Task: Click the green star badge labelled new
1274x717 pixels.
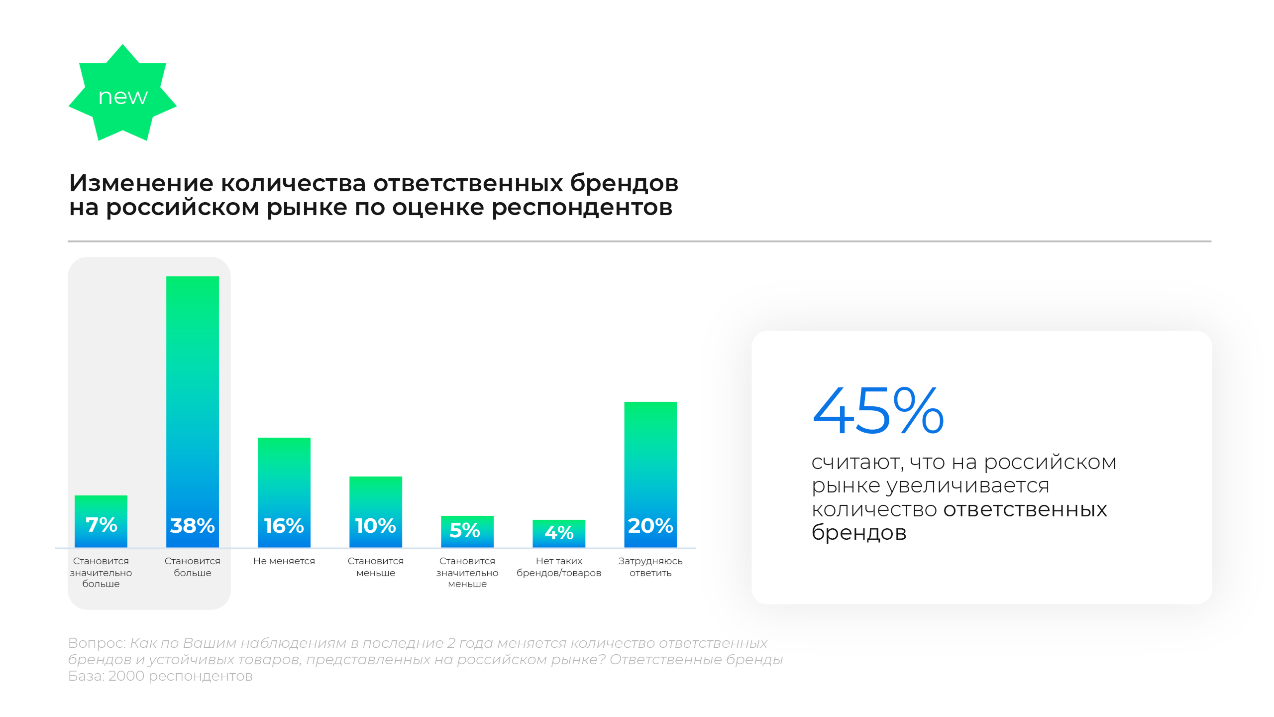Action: click(122, 95)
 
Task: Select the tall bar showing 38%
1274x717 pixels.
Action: click(192, 398)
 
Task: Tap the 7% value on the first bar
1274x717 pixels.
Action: click(101, 524)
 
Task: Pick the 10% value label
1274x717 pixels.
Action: click(375, 525)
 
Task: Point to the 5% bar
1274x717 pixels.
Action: click(467, 531)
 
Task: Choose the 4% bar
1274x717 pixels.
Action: click(558, 533)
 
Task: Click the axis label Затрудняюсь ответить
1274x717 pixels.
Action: click(650, 567)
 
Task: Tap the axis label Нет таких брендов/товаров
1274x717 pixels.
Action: click(558, 567)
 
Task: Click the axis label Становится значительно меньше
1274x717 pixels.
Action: click(467, 572)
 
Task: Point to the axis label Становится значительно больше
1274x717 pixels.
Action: click(101, 572)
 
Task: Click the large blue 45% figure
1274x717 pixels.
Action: click(878, 411)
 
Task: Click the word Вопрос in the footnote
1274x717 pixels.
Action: click(96, 643)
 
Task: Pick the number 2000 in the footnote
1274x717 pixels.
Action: click(126, 676)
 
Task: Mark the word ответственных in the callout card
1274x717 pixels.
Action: click(1025, 509)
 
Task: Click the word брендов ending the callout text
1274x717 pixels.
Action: click(859, 533)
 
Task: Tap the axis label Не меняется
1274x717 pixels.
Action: click(284, 561)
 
